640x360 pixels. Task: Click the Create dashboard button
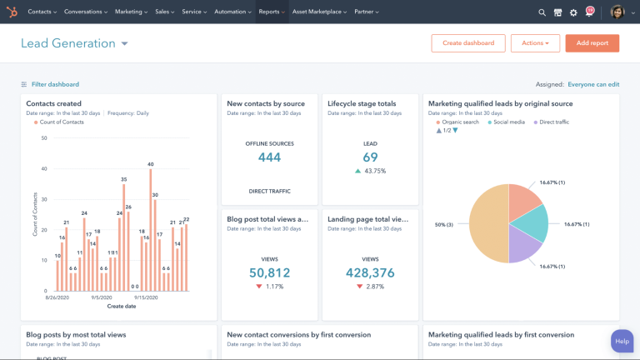point(468,43)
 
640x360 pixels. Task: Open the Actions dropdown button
point(534,43)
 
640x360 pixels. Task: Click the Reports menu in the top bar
point(271,12)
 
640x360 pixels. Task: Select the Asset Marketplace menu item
point(317,12)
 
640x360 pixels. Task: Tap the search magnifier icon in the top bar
point(542,12)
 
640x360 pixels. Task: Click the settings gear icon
point(573,12)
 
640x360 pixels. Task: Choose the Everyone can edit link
point(592,84)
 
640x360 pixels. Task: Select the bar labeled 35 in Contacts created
point(124,238)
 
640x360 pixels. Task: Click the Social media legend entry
point(509,122)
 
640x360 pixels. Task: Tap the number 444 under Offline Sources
point(269,157)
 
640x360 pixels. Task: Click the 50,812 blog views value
point(269,272)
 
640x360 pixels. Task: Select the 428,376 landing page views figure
point(370,272)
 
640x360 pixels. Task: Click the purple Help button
point(622,341)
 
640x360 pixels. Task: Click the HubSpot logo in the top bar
point(11,12)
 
